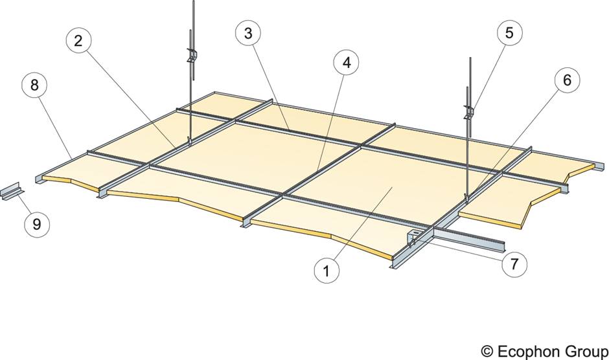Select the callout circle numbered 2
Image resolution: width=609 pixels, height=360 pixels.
78,41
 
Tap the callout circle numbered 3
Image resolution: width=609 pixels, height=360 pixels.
247,34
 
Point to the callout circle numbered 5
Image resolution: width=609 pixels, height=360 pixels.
509,34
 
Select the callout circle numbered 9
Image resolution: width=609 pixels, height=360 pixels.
38,224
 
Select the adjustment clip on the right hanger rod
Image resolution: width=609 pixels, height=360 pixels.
468,111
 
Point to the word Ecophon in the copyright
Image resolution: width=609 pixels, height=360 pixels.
527,350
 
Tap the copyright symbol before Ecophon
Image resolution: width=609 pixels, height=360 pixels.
487,350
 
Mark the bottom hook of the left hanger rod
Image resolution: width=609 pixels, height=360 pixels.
189,141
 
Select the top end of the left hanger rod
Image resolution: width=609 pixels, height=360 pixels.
192,3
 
